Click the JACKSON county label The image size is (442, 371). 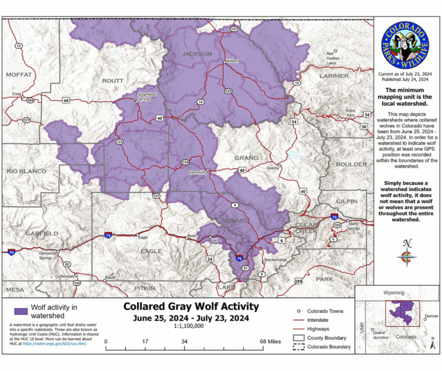pos(197,54)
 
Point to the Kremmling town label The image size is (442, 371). pos(197,172)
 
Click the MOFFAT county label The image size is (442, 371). pos(19,74)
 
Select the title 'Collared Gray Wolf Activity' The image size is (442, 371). pos(191,306)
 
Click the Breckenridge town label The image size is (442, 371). pos(275,260)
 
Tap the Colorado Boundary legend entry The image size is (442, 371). pos(329,347)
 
